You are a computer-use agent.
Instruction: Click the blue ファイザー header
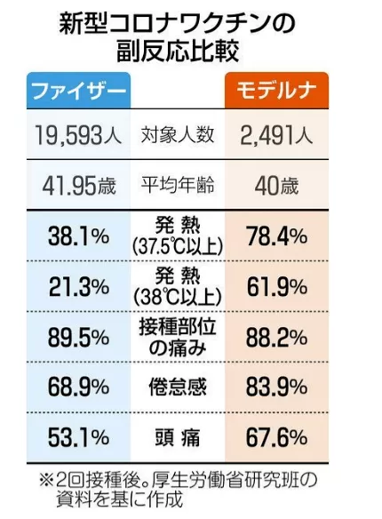(79, 90)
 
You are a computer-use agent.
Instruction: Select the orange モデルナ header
(276, 90)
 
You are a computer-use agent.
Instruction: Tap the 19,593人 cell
(78, 135)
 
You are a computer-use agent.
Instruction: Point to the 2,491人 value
(276, 135)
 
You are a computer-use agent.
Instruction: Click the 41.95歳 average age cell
(79, 186)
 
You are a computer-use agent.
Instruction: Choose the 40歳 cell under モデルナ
(276, 186)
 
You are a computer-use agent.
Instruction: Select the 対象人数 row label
(178, 135)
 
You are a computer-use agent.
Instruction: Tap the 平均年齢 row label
(178, 185)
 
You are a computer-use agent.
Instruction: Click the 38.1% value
(78, 236)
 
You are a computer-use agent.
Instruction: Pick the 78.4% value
(276, 236)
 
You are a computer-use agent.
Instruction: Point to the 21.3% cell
(79, 287)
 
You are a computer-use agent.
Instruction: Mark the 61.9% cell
(277, 287)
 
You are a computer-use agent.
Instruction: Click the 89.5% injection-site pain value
(78, 338)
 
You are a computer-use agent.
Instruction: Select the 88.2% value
(276, 338)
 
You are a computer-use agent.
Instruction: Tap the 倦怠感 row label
(178, 387)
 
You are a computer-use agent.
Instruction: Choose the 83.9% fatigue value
(276, 387)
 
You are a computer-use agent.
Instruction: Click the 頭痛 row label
(178, 437)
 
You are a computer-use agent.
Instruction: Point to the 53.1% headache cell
(78, 437)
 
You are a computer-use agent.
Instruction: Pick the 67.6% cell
(276, 437)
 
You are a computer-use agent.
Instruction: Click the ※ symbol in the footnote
(46, 481)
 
